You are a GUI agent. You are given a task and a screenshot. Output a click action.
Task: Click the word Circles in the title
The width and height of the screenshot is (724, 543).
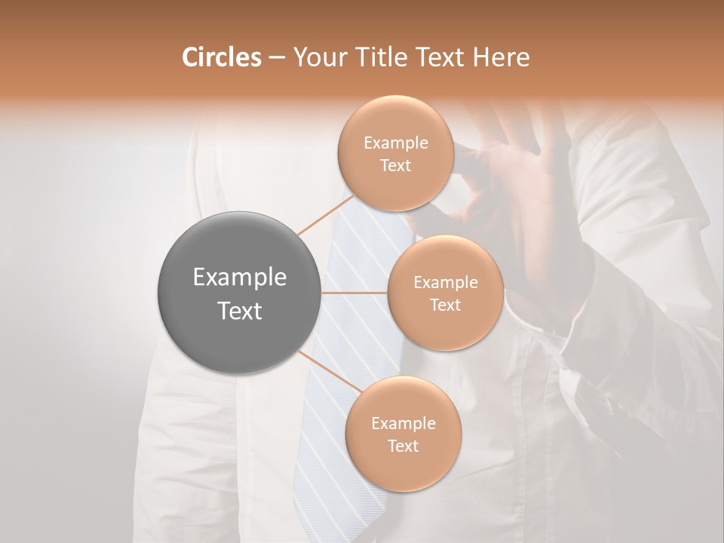(221, 57)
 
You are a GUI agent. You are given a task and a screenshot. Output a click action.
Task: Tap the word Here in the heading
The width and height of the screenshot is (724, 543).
(502, 57)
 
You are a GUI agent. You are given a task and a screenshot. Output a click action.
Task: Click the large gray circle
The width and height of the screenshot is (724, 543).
(239, 293)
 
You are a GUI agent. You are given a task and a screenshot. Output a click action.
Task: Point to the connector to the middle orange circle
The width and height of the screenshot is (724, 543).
(354, 293)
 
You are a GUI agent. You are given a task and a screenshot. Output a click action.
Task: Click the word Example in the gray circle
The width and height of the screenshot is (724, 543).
(239, 278)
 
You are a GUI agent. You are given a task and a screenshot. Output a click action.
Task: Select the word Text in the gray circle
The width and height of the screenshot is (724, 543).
(239, 311)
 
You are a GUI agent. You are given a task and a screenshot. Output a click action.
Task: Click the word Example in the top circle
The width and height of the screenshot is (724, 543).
(396, 143)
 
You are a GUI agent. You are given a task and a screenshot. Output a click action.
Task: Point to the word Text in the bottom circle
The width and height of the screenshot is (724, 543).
(403, 446)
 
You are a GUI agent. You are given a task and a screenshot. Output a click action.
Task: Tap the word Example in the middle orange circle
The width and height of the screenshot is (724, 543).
(445, 283)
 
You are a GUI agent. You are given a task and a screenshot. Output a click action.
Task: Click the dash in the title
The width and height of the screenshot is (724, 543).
(276, 57)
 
